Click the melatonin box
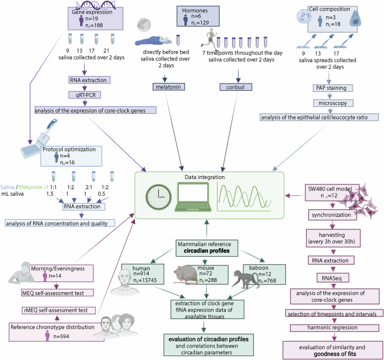point(169,87)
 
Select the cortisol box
point(234,87)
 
